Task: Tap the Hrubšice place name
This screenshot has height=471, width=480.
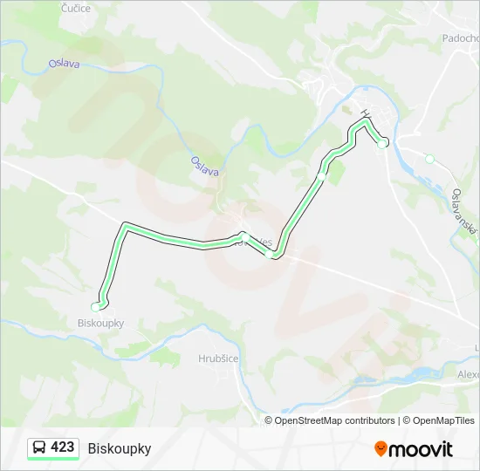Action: click(x=218, y=358)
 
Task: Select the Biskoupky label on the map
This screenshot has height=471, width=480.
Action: click(x=95, y=323)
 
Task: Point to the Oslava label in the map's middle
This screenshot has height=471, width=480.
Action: click(x=205, y=166)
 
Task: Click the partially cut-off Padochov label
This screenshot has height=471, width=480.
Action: click(x=460, y=39)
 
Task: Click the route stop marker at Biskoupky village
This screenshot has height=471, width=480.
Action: click(x=96, y=307)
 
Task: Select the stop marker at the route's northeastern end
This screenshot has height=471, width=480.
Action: click(x=381, y=143)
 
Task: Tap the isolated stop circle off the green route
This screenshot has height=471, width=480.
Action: click(x=429, y=159)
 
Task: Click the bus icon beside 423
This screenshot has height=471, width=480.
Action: click(x=39, y=447)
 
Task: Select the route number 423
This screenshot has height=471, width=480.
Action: click(x=63, y=447)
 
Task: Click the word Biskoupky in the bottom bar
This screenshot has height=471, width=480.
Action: click(x=120, y=448)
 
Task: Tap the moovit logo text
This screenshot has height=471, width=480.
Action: click(x=422, y=448)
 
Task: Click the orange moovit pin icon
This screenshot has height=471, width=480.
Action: click(x=381, y=448)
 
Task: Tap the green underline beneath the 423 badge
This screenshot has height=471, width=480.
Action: click(x=53, y=459)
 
